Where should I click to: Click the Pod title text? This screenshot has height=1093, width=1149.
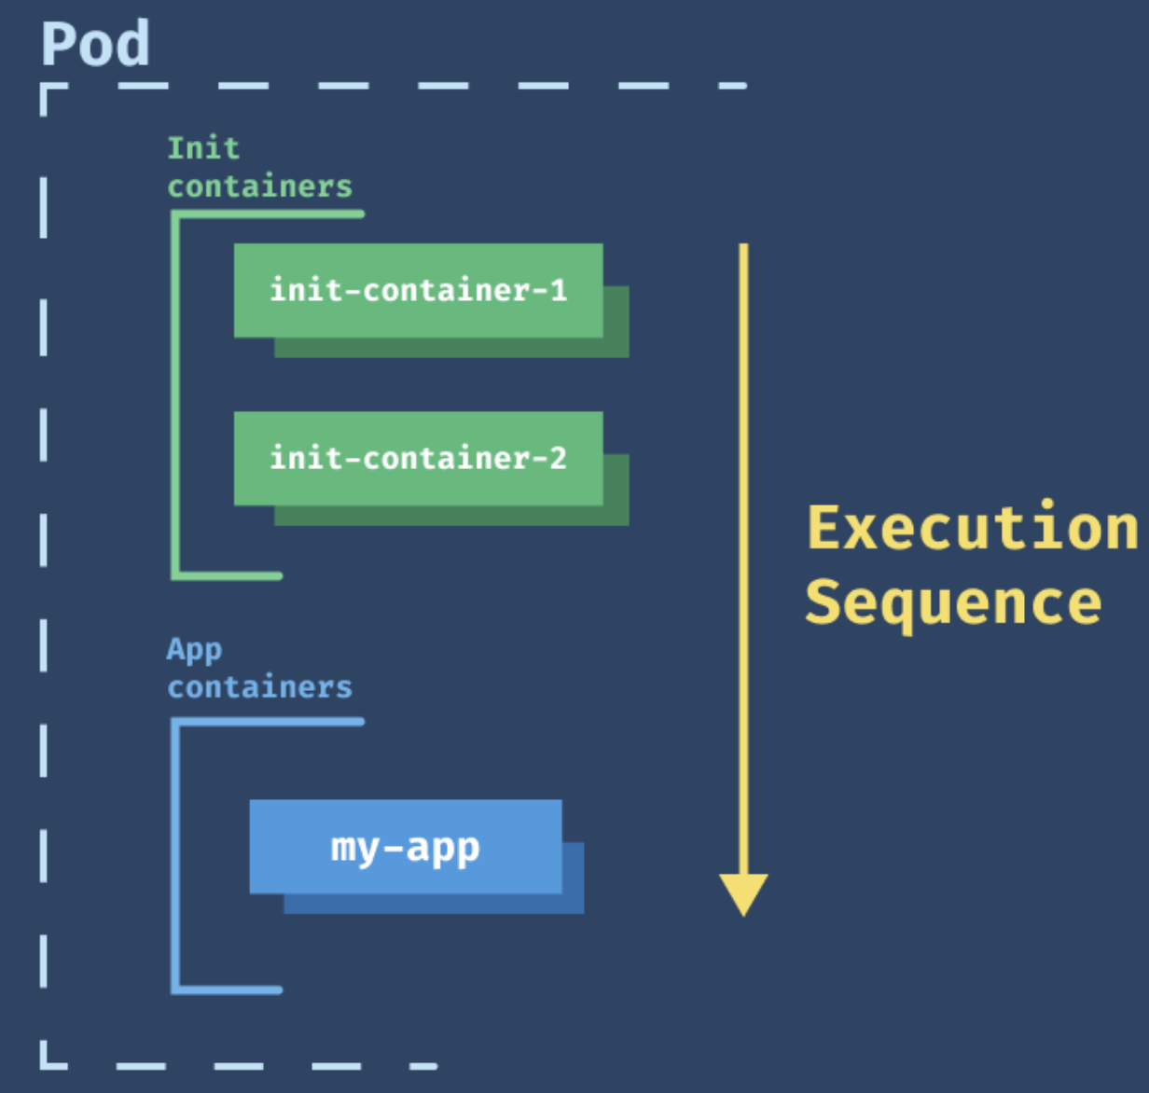pyautogui.click(x=95, y=43)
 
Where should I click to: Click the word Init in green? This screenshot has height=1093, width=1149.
pyautogui.click(x=203, y=148)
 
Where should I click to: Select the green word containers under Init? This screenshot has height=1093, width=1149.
pyautogui.click(x=260, y=187)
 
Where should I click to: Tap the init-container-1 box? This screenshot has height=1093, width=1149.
pyautogui.click(x=419, y=290)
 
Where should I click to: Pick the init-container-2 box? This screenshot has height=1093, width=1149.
pyautogui.click(x=419, y=458)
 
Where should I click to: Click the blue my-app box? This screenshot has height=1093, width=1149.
pyautogui.click(x=406, y=847)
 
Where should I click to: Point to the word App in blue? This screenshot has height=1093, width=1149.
pyautogui.click(x=195, y=649)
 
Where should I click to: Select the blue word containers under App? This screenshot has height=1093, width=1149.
pyautogui.click(x=260, y=686)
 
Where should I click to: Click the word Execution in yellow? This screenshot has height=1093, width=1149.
pyautogui.click(x=973, y=528)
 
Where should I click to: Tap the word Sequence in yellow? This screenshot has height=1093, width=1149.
pyautogui.click(x=954, y=602)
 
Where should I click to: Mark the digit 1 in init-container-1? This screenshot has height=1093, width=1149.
pyautogui.click(x=559, y=290)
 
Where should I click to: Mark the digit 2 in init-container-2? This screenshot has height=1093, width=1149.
pyautogui.click(x=559, y=458)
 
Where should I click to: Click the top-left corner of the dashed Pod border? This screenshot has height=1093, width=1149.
pyautogui.click(x=43, y=86)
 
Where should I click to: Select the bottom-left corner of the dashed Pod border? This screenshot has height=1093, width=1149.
pyautogui.click(x=43, y=1066)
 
